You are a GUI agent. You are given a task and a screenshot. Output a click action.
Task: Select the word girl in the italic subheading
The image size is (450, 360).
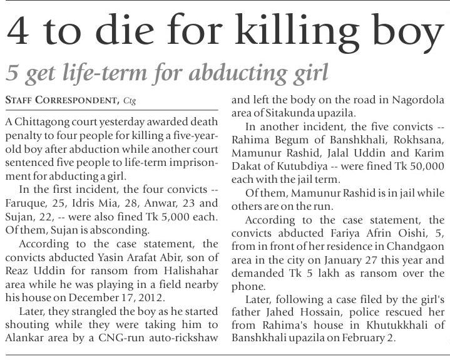point(307,73)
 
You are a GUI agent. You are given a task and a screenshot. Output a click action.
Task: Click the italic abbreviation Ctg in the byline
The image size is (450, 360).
point(130,100)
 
